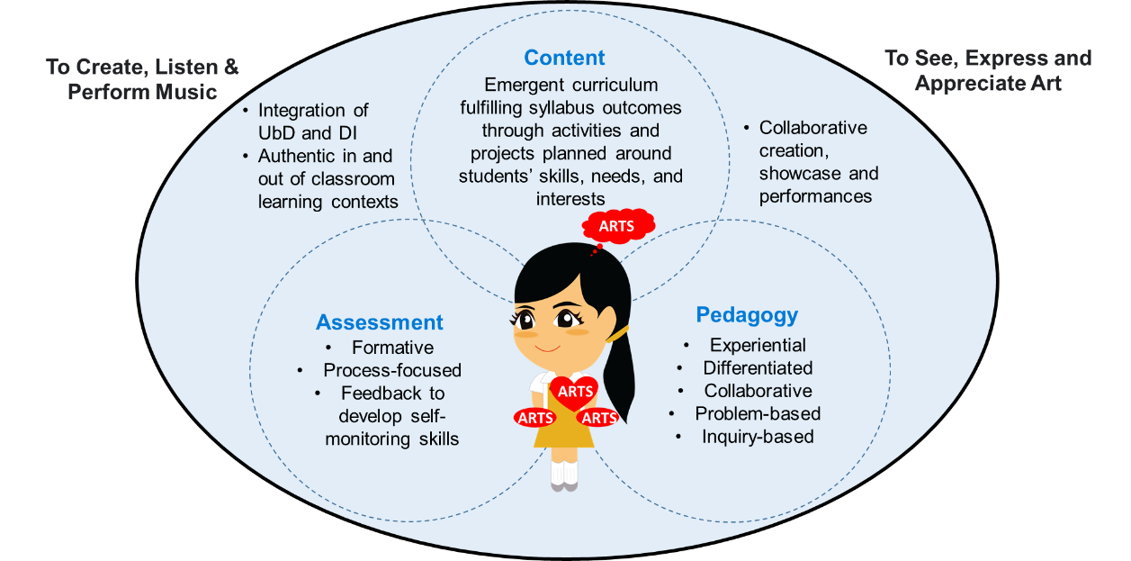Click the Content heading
coord(564,58)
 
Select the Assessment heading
coord(379,322)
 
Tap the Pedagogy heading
coord(747,315)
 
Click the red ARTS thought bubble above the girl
coord(616,226)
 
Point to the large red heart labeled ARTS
coord(576,392)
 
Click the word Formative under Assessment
coord(392,348)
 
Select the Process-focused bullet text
coord(392,370)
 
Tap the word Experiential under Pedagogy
coord(758,345)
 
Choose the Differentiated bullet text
coord(758,367)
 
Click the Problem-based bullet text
coord(758,413)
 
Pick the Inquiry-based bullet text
coord(758,437)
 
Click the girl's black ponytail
coord(621,378)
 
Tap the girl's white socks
coord(565,471)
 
